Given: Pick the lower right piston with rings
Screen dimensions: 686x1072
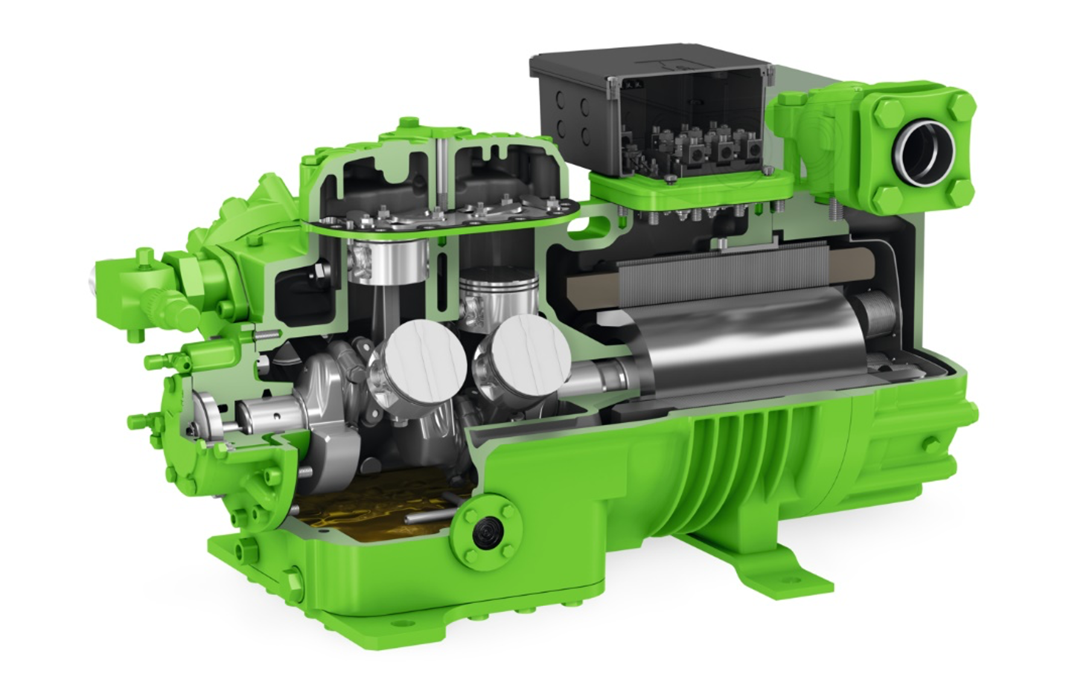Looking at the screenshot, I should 499,295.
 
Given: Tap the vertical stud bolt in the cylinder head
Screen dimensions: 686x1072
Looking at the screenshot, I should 444,175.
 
